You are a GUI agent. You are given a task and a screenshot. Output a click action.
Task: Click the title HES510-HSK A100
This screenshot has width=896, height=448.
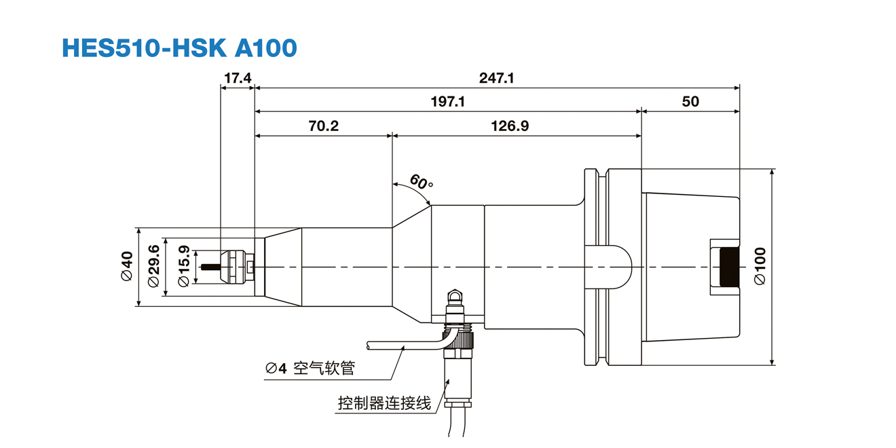tap(179, 48)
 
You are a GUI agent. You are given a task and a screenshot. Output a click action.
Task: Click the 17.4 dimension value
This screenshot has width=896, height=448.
tap(238, 78)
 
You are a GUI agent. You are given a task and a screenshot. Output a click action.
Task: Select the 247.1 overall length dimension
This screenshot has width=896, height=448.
tap(496, 78)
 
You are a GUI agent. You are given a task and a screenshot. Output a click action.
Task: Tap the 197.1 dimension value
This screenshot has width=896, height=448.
tap(448, 102)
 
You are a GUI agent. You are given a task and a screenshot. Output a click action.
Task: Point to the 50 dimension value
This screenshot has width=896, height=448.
tap(690, 102)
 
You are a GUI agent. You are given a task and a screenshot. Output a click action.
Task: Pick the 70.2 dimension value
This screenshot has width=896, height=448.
tap(323, 126)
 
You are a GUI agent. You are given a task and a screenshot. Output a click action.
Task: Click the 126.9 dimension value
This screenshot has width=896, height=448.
tap(510, 126)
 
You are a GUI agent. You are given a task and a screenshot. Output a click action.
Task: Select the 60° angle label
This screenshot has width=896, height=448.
tap(421, 182)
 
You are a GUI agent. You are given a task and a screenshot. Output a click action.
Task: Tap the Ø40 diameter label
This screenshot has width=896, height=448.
tap(126, 266)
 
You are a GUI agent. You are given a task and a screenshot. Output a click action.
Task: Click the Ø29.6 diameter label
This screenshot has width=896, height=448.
tap(154, 266)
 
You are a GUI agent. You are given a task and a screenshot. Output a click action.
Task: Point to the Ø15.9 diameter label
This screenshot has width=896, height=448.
tap(183, 267)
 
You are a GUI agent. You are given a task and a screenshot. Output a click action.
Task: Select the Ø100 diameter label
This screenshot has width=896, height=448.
tap(760, 266)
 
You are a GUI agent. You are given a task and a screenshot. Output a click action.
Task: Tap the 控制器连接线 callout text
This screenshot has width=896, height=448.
tap(384, 403)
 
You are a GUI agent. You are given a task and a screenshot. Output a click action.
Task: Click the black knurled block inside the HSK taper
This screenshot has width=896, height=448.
tap(730, 267)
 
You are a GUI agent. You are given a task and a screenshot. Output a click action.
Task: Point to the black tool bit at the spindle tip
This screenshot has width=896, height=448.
tap(211, 267)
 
